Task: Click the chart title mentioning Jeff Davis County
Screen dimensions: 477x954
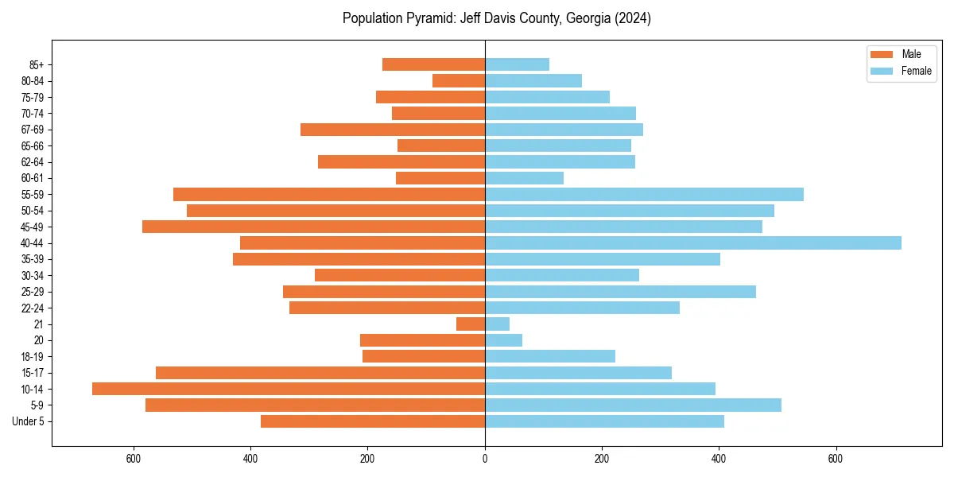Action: (x=496, y=18)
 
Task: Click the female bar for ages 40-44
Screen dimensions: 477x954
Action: (x=692, y=242)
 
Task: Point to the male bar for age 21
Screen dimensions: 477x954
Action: (x=471, y=324)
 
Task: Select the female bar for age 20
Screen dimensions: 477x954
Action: (x=503, y=340)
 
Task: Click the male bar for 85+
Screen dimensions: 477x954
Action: (x=433, y=64)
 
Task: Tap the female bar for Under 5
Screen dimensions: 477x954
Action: (x=604, y=421)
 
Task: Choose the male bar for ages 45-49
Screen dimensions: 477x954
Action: (x=313, y=227)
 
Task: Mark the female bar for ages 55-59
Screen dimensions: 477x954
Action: (x=644, y=194)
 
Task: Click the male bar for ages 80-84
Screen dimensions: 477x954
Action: (x=459, y=80)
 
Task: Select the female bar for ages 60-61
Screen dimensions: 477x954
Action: (x=524, y=178)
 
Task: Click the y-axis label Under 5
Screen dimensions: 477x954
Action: (x=28, y=421)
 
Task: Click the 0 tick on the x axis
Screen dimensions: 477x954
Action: (x=485, y=460)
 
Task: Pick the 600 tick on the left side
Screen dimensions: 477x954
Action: (x=134, y=460)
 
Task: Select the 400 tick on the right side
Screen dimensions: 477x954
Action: (x=719, y=460)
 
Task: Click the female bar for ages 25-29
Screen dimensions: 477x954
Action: (x=620, y=292)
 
